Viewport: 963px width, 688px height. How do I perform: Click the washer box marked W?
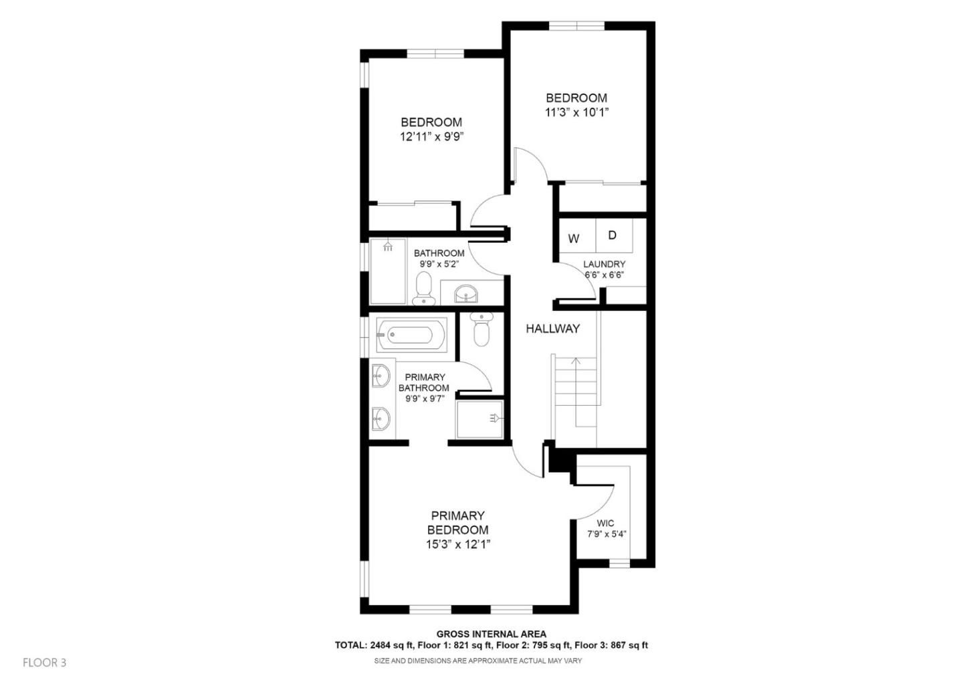coord(574,238)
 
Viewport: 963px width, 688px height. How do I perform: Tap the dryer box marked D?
coord(612,235)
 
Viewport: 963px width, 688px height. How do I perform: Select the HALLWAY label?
coord(552,328)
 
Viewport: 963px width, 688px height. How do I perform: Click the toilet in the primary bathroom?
coord(481,330)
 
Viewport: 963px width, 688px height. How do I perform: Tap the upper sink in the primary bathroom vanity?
coord(380,376)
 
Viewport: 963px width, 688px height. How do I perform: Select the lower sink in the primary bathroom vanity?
coord(380,419)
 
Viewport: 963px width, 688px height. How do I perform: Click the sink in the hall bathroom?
coord(466,292)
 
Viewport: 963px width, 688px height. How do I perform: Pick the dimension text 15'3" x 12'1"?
coord(458,544)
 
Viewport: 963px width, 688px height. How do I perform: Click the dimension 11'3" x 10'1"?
coord(576,112)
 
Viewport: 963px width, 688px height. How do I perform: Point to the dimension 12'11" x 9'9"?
coord(431,136)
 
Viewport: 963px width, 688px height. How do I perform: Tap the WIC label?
coord(605,523)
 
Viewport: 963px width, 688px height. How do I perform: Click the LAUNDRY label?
coord(604,264)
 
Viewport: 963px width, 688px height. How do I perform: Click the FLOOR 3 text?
coord(45,663)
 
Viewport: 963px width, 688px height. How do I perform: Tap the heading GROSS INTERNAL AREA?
coord(491,634)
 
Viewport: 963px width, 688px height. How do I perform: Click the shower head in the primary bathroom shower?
coord(494,418)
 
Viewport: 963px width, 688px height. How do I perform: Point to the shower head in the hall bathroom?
coord(387,245)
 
